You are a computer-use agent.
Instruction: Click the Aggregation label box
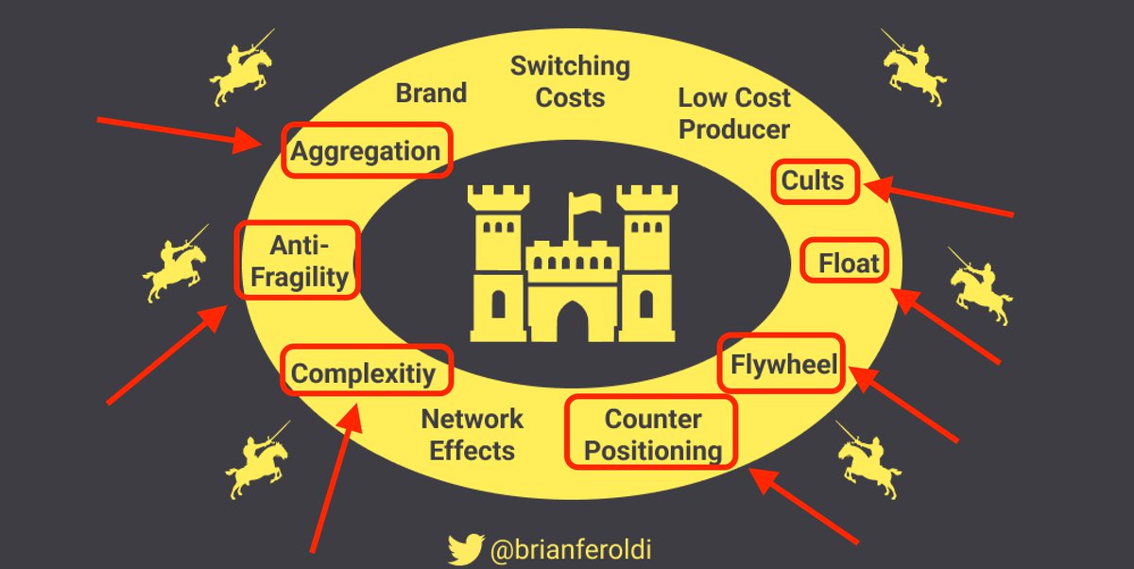(367, 151)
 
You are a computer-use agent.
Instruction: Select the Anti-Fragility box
(297, 261)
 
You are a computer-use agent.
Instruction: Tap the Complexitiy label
(367, 372)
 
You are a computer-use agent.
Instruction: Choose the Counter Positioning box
(651, 433)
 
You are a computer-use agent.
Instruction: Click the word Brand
(431, 93)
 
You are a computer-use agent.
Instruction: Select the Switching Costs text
(570, 81)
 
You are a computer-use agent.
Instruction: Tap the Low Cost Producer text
(734, 112)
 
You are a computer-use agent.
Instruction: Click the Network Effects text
(472, 434)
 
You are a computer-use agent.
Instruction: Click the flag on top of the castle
(581, 204)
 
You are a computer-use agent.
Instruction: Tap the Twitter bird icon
(466, 547)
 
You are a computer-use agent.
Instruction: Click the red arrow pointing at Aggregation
(180, 133)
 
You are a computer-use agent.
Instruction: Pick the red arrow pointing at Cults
(940, 199)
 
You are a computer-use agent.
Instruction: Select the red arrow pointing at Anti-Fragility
(165, 354)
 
